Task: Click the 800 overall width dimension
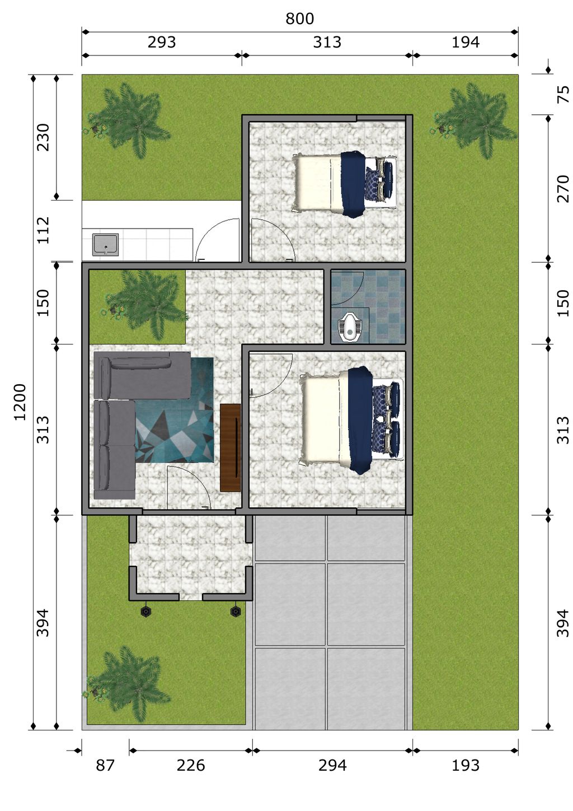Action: pyautogui.click(x=299, y=19)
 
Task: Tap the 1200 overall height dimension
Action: pyautogui.click(x=20, y=402)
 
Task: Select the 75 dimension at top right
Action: pyautogui.click(x=563, y=95)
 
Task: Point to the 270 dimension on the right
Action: pyautogui.click(x=563, y=189)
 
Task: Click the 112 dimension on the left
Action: pyautogui.click(x=43, y=230)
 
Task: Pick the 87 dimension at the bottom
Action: pyautogui.click(x=105, y=766)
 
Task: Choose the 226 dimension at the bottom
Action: pyautogui.click(x=191, y=766)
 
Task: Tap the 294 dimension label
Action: pyautogui.click(x=332, y=766)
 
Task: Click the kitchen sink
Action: pyautogui.click(x=105, y=245)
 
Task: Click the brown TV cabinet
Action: pyautogui.click(x=231, y=448)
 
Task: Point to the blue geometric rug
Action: pyautogui.click(x=175, y=410)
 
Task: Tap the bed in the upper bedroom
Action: pyautogui.click(x=345, y=184)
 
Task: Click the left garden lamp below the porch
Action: pyautogui.click(x=146, y=612)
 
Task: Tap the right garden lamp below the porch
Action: pyautogui.click(x=236, y=612)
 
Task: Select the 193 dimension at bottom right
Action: pyautogui.click(x=466, y=766)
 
